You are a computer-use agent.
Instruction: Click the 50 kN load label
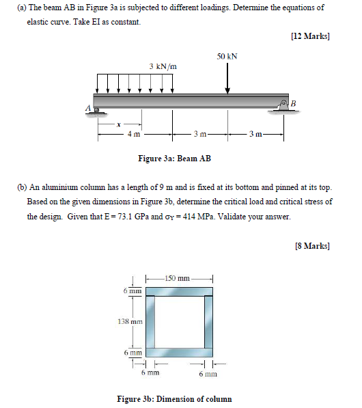(x=227, y=57)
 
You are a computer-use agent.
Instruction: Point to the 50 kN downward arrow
(x=227, y=78)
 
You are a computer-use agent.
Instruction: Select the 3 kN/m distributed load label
(x=163, y=66)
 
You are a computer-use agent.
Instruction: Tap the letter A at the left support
(x=88, y=108)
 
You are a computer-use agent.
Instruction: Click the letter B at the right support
(x=294, y=103)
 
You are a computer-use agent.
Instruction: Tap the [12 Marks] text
(x=310, y=36)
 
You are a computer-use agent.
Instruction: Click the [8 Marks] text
(x=312, y=245)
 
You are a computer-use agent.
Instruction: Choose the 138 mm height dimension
(x=132, y=321)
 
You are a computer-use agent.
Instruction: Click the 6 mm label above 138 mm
(x=132, y=290)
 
